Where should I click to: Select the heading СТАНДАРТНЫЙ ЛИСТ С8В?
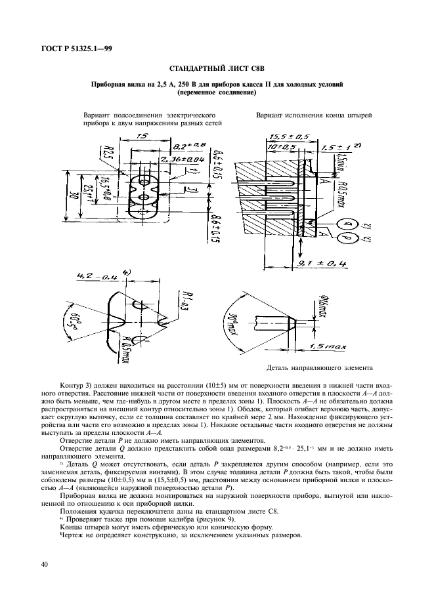coord(217,68)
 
